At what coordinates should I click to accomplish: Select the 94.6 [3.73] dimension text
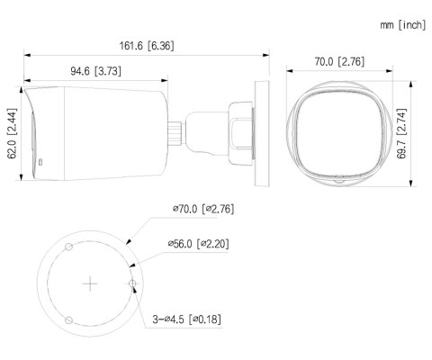click(x=94, y=69)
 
